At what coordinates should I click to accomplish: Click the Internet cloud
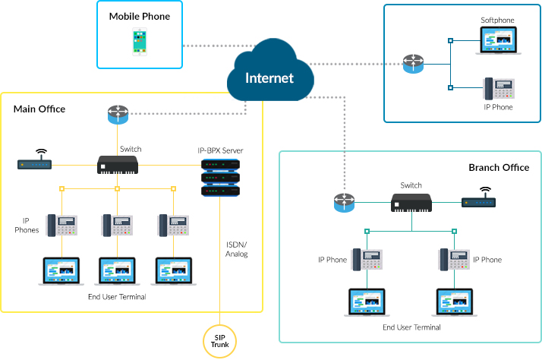point(269,76)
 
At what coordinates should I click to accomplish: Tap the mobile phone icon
point(140,42)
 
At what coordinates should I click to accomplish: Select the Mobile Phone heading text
point(140,16)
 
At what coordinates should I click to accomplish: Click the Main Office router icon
point(118,115)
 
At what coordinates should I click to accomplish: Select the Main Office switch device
point(118,164)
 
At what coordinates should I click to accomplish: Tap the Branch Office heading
point(499,168)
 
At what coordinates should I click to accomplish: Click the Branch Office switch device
point(411,203)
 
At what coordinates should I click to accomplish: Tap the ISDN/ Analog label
point(238,249)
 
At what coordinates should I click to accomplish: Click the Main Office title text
point(39,109)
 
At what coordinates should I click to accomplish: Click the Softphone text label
point(497,20)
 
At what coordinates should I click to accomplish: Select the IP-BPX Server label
point(220,150)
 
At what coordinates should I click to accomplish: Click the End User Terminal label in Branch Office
point(411,327)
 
